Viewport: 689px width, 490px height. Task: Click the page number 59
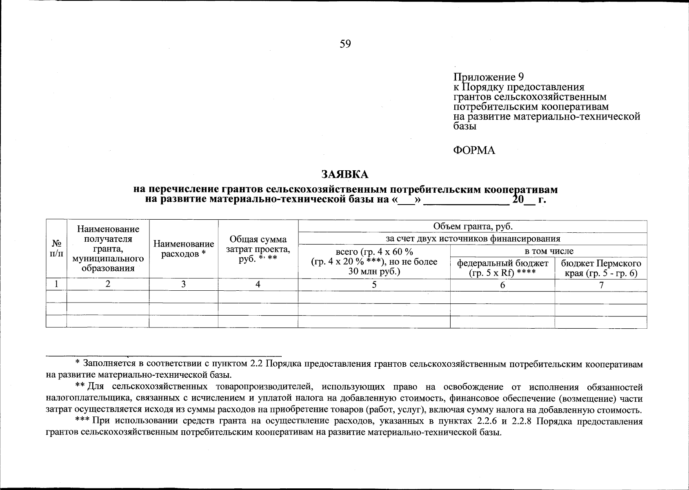click(x=345, y=44)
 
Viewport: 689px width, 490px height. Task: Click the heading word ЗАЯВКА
click(x=345, y=174)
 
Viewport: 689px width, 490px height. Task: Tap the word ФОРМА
click(x=474, y=151)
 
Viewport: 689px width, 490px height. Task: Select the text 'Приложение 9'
click(x=489, y=77)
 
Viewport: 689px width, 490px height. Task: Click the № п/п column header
click(x=56, y=249)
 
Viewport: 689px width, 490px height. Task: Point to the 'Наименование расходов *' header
click(x=184, y=249)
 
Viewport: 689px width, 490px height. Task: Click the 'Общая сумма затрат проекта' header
click(x=258, y=249)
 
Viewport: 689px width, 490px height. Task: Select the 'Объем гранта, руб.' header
click(x=473, y=227)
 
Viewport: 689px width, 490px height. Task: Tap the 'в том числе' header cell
click(x=549, y=251)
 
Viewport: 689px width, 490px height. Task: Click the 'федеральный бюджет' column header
click(x=502, y=268)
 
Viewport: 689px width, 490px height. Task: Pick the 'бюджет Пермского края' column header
click(x=601, y=268)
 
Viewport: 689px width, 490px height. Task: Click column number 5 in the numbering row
click(x=374, y=285)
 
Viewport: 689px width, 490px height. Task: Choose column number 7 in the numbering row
click(x=601, y=285)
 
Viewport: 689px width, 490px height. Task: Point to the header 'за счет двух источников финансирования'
click(x=473, y=239)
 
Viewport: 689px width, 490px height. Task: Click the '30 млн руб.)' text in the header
click(x=374, y=272)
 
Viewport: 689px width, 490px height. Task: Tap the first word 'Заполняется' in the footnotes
click(x=109, y=363)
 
